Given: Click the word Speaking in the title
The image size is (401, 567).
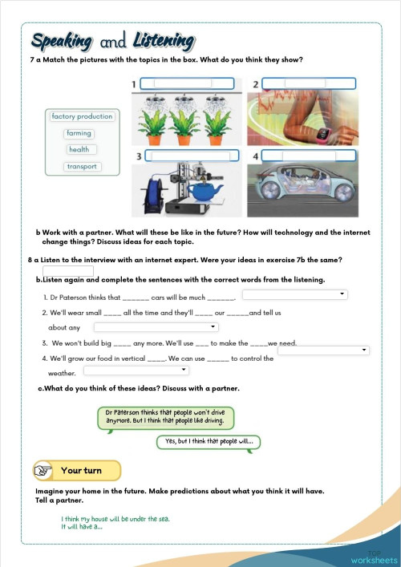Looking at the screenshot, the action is [x=63, y=41].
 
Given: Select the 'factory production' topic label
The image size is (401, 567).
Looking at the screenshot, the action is [x=82, y=116].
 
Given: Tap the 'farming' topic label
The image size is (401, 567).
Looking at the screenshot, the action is [x=79, y=133].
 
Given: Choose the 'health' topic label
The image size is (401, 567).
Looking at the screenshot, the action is [x=79, y=150].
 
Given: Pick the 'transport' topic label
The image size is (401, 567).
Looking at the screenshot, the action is [x=82, y=167].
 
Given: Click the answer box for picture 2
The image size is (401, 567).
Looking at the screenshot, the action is [x=306, y=83].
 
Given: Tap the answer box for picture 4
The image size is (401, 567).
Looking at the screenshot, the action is [x=306, y=156].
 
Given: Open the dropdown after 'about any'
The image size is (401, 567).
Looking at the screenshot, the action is [x=156, y=327].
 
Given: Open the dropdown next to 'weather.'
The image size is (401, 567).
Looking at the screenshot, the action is [x=136, y=371].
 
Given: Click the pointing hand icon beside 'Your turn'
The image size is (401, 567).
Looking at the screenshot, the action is [x=45, y=471].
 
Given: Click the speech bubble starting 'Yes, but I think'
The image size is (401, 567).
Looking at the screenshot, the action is [x=209, y=442].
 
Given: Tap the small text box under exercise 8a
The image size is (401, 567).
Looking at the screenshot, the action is [x=68, y=271].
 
